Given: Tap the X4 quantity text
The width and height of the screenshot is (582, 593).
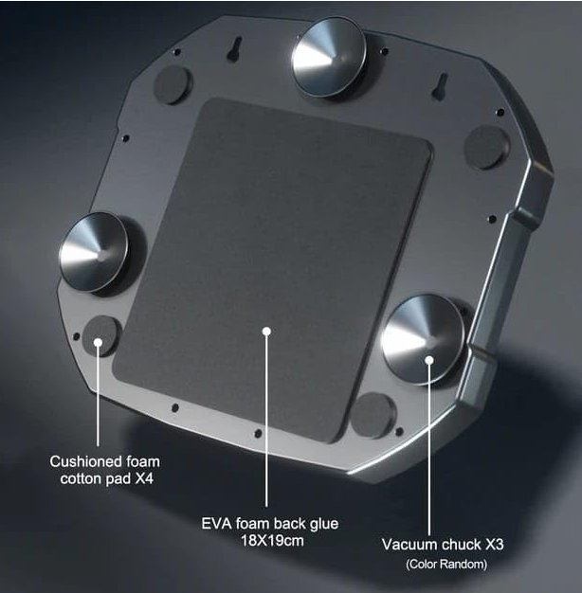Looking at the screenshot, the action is tap(144, 478).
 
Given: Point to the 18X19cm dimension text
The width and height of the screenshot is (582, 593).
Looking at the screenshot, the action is tap(272, 541).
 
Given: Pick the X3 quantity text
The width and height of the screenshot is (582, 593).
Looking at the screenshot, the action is tap(494, 545).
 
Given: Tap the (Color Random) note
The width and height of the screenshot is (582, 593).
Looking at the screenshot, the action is tap(446, 565).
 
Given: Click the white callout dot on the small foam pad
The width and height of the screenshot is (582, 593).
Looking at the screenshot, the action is tap(98, 342).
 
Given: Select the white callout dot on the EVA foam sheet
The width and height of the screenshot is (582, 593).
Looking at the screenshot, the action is tap(266, 332).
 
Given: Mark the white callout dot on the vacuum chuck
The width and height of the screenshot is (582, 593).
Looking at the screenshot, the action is tap(429, 360).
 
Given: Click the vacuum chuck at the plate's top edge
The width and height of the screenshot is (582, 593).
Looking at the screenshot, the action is tap(329, 57).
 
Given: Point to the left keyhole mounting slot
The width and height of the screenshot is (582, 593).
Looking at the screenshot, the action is tap(235, 48).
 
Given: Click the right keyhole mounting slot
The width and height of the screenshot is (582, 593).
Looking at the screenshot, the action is tap(440, 87).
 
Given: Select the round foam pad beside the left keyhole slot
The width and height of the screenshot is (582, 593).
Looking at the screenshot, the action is tap(173, 84).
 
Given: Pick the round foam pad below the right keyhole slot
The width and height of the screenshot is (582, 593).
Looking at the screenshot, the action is tap(485, 147).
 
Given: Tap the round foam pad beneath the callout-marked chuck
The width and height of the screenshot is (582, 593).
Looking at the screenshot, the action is tap(373, 415).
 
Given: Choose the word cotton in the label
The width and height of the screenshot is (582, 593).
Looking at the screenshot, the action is tap(81, 478).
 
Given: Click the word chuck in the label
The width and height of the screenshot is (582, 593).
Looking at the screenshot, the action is tap(462, 545).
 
